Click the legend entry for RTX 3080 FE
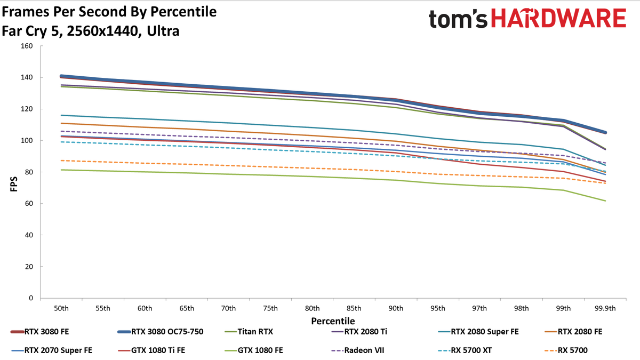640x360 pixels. (40, 332)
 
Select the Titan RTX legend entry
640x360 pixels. (249, 332)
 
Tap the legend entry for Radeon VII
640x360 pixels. (358, 350)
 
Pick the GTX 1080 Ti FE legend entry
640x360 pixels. (151, 350)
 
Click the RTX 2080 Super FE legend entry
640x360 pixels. (478, 332)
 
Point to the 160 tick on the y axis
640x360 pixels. (27, 46)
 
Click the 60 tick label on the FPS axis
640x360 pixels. (29, 203)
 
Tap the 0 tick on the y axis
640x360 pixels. (31, 298)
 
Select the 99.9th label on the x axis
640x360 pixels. (605, 309)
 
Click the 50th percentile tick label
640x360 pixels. (61, 309)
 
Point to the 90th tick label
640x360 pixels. (396, 309)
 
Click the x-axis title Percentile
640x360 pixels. (333, 321)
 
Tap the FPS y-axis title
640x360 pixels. (14, 184)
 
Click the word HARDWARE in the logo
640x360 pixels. (558, 18)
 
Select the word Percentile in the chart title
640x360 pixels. (183, 12)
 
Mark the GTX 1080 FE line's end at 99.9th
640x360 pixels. (605, 201)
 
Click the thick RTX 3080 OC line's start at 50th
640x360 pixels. (61, 76)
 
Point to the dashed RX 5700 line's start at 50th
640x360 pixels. (61, 161)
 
